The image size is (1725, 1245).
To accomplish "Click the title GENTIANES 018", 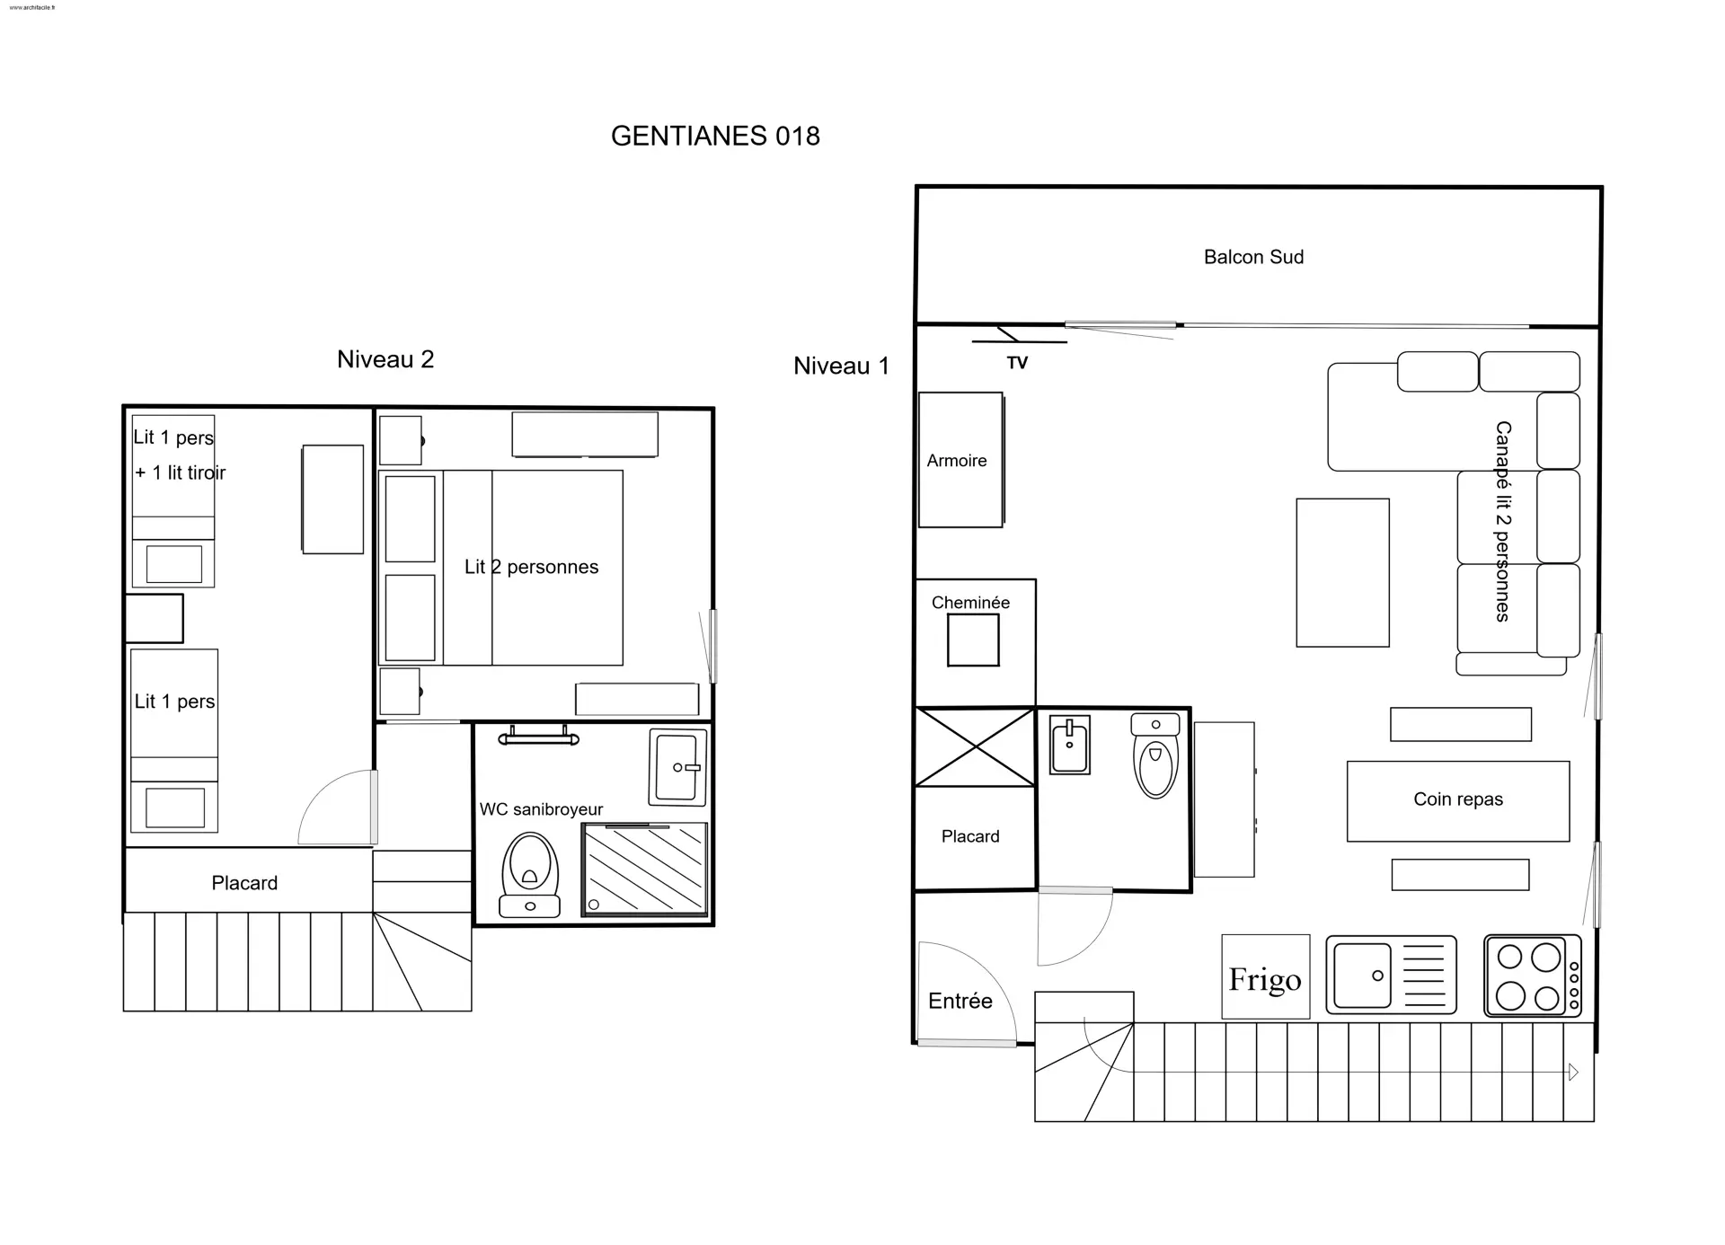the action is click(x=715, y=136).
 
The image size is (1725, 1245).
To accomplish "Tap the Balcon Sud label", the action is click(x=1253, y=257).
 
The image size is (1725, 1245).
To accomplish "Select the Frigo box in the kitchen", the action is click(x=1265, y=976).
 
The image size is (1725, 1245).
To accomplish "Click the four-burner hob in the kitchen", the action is click(x=1533, y=976).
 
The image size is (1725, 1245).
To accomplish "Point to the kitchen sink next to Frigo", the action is click(x=1391, y=975).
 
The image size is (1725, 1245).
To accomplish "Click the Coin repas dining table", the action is click(x=1458, y=801).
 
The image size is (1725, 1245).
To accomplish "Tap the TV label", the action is click(x=1017, y=363).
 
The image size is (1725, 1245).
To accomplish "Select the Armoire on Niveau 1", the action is click(x=960, y=460).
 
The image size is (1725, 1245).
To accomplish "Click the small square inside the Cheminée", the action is click(x=973, y=640).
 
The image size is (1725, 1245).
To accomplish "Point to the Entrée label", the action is click(x=960, y=1001).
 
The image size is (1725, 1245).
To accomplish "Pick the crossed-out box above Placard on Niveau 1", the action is click(x=975, y=746).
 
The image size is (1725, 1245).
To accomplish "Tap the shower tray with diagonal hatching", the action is click(x=644, y=869).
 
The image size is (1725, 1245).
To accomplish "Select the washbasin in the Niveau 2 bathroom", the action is click(x=677, y=766).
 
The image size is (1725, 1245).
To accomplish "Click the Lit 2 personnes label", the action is click(x=531, y=567).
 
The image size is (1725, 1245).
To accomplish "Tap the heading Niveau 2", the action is click(x=385, y=359).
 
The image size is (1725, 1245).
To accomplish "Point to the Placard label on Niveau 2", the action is click(x=244, y=883).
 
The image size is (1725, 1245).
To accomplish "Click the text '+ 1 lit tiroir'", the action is click(x=180, y=472).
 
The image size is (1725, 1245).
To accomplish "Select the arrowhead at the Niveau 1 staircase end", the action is click(x=1573, y=1072).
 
